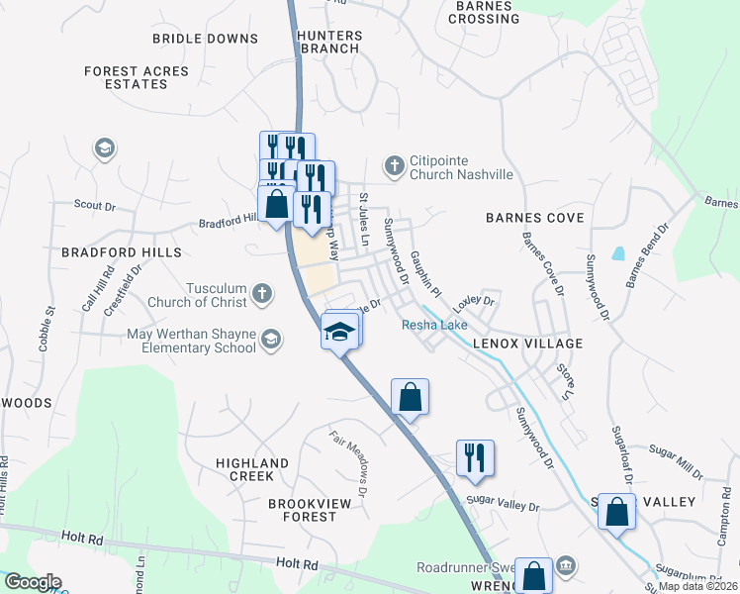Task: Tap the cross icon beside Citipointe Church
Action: [x=395, y=165]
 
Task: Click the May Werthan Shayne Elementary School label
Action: [x=191, y=341]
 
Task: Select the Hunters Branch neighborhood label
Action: [x=330, y=42]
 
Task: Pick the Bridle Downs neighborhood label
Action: [x=205, y=39]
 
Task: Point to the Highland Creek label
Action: [x=252, y=469]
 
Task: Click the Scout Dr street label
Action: [x=95, y=206]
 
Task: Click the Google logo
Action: [x=32, y=583]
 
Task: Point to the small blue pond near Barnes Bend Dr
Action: [x=618, y=252]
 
